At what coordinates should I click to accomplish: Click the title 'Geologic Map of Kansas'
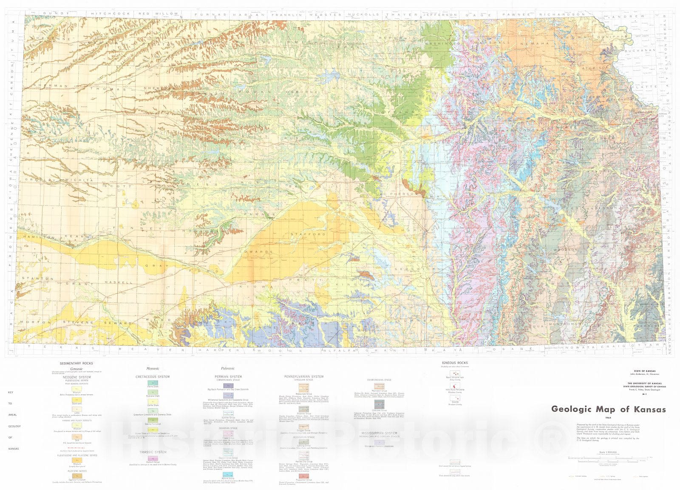coord(608,409)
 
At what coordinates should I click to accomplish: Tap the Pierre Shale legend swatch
coord(153,383)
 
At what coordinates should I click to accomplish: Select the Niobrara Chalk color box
coord(153,393)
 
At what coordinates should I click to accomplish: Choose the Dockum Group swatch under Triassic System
coord(153,459)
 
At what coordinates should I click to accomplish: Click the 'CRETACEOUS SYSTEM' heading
coord(153,376)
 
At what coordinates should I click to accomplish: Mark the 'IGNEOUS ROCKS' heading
coord(454,363)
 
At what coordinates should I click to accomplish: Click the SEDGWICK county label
coord(408,269)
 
